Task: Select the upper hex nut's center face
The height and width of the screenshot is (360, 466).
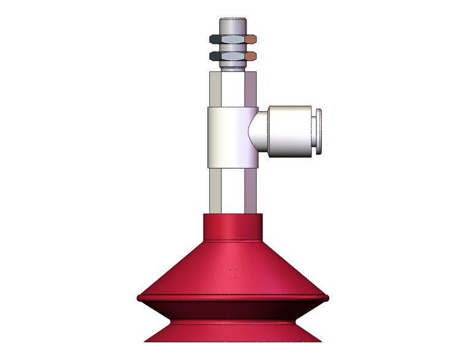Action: [232, 40]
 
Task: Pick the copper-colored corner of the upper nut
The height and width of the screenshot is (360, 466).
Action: [252, 40]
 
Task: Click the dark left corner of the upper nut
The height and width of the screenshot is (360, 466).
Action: [214, 40]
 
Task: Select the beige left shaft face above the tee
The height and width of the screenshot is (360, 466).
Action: [215, 89]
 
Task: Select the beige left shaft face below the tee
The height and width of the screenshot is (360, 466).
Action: [215, 190]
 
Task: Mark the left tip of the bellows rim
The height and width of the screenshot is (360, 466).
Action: [139, 298]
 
